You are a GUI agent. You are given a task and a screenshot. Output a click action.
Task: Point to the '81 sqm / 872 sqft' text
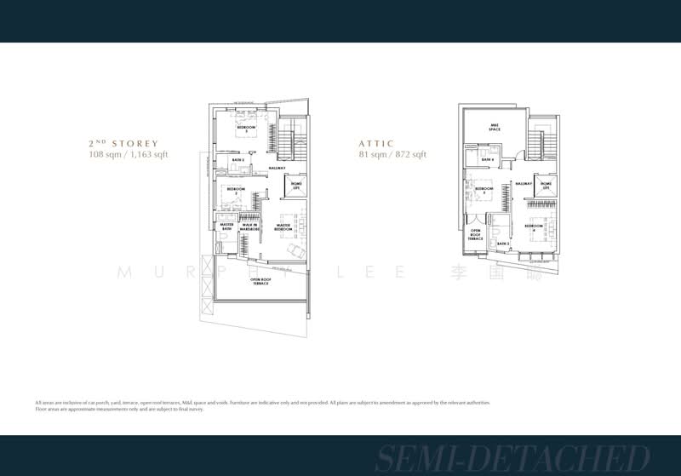392,155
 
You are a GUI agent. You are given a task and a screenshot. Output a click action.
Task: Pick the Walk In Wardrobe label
249,227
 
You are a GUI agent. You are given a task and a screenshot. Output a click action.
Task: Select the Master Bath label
226,227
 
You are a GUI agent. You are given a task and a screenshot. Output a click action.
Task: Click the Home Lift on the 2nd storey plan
297,185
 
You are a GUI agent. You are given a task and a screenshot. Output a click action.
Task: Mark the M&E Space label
494,129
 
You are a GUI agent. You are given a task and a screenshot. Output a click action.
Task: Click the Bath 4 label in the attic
487,159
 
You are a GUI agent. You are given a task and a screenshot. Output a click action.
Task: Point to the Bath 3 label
503,244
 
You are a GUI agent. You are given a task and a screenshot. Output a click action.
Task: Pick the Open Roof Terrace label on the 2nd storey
260,281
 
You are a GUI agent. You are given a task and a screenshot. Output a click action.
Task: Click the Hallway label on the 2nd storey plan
277,169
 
